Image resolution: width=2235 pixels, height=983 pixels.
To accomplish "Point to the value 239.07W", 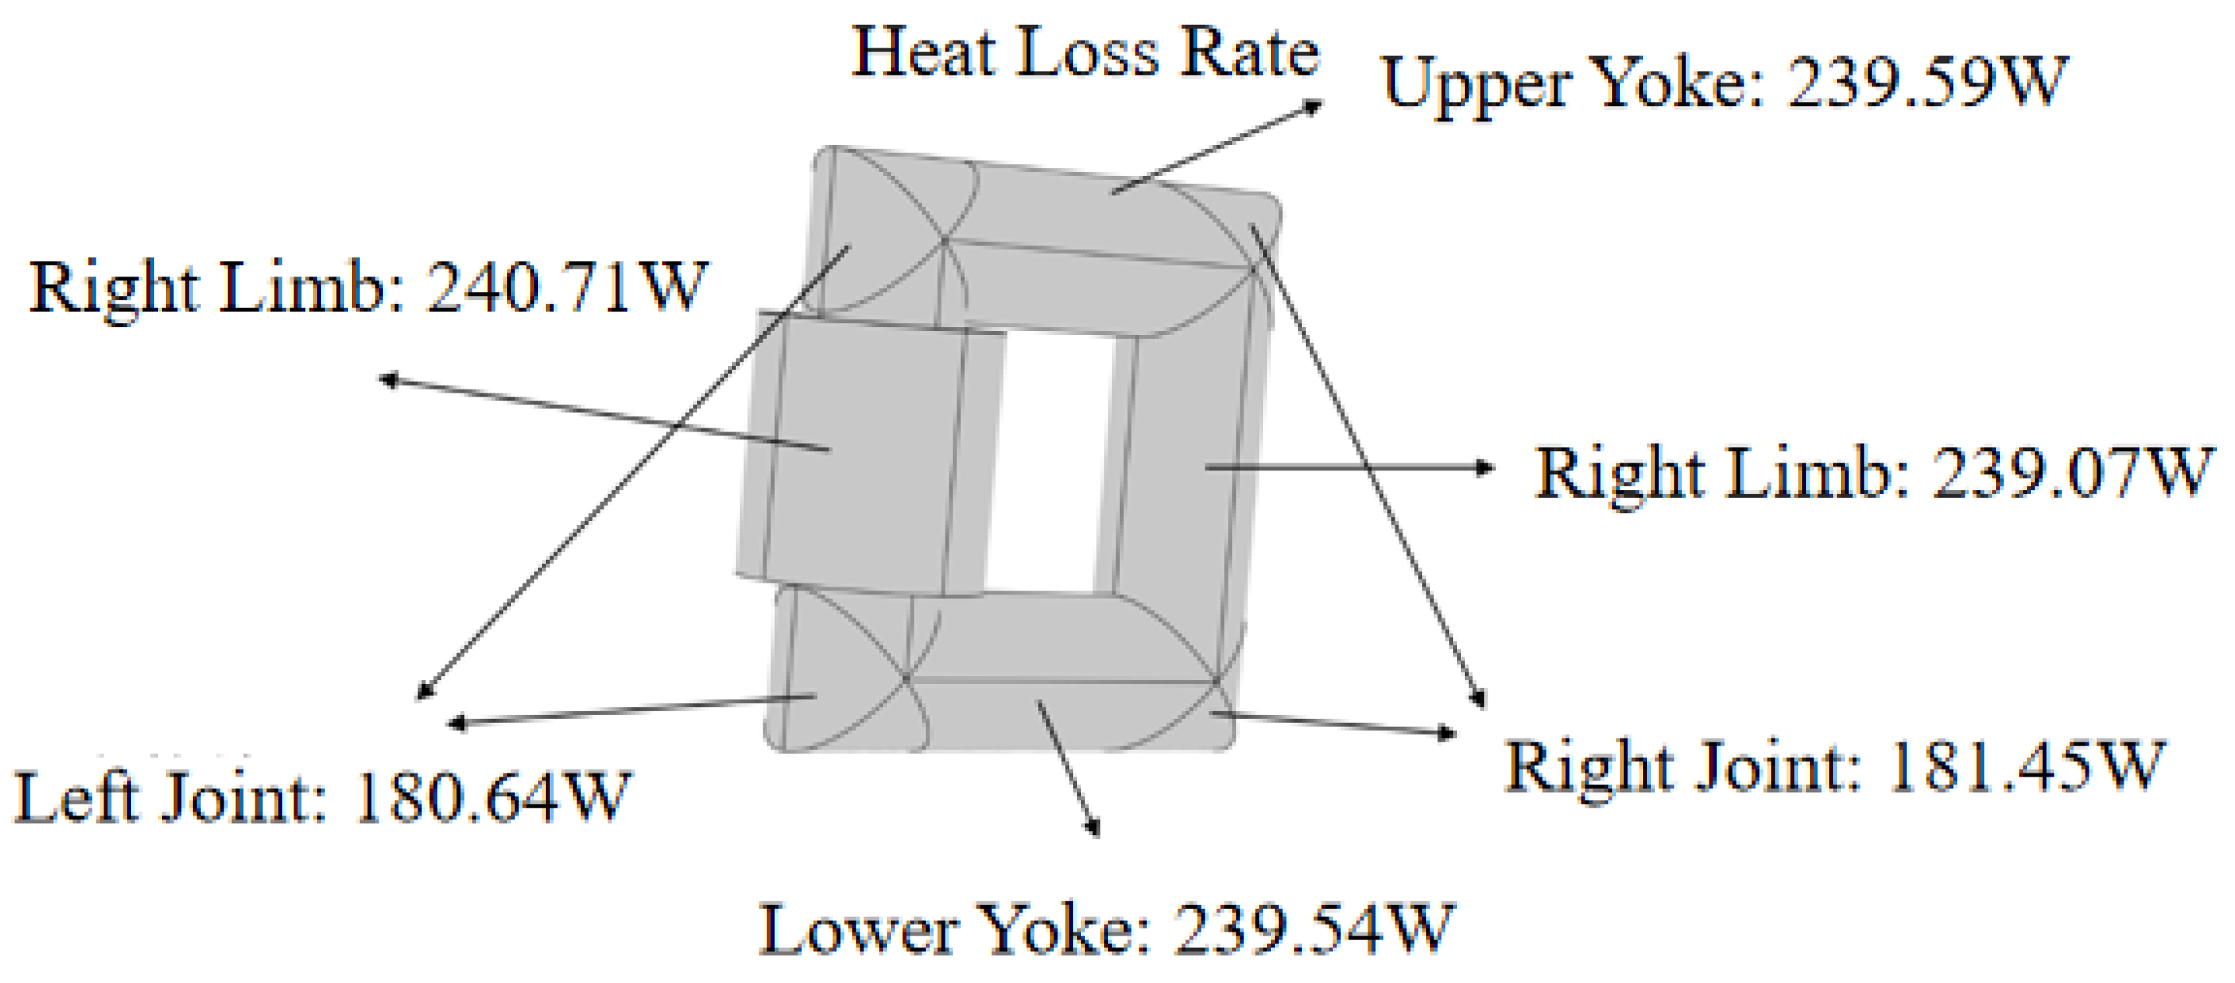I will (2074, 473).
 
